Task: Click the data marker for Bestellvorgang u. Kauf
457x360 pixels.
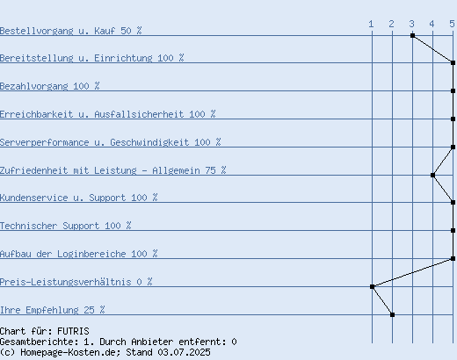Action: tap(412, 36)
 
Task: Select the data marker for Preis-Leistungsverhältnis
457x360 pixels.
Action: tap(372, 287)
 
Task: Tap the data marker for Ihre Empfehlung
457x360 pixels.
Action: tap(392, 315)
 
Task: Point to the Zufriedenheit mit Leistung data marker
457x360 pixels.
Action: tap(432, 176)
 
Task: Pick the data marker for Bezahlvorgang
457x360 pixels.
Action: tap(453, 91)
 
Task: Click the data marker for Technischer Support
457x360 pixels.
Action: tap(453, 231)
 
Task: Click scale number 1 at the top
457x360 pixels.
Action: tap(371, 24)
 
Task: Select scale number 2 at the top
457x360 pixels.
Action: tap(391, 24)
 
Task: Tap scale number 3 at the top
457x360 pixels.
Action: tap(411, 24)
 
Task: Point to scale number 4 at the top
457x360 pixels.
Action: tap(432, 24)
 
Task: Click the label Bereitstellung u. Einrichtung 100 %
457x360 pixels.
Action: tap(92, 58)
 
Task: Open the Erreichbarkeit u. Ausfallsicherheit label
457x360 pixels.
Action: tap(108, 114)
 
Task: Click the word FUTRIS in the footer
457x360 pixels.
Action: tap(73, 331)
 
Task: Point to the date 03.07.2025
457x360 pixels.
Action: tap(184, 352)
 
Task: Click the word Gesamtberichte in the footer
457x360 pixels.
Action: tap(39, 342)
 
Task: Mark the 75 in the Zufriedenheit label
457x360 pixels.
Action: tap(210, 170)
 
